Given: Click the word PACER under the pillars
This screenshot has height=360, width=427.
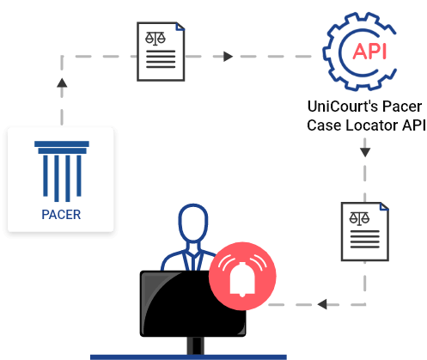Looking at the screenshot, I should click(x=61, y=215).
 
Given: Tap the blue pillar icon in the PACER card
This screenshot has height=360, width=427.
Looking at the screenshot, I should click(x=61, y=171).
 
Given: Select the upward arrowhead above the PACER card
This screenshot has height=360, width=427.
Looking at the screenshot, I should click(x=62, y=82).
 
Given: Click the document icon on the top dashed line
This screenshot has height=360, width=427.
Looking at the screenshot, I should click(x=162, y=51).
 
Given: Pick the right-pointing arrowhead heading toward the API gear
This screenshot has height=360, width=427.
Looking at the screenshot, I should click(x=229, y=57).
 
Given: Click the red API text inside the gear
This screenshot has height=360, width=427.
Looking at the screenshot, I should click(x=369, y=50).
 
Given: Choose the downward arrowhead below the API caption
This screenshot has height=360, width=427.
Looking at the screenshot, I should click(x=365, y=152).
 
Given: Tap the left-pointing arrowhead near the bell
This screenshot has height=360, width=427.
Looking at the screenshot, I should click(x=321, y=304).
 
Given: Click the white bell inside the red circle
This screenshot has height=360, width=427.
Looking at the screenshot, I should click(x=243, y=278).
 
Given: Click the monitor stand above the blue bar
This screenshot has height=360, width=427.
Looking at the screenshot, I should click(x=196, y=345).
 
